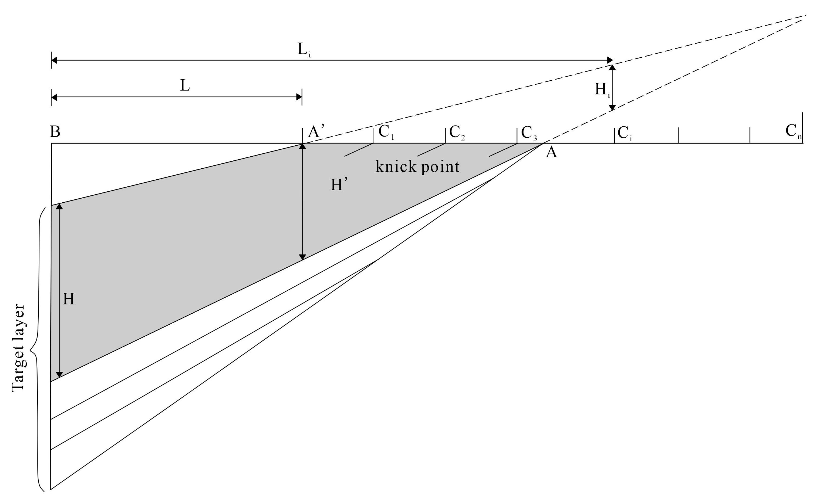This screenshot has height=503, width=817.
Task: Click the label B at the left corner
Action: [x=55, y=132]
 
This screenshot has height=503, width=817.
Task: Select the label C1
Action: [x=386, y=132]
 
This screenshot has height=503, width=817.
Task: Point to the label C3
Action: [x=528, y=133]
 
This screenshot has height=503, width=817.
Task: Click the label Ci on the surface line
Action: [x=624, y=133]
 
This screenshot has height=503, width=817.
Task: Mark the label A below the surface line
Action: [x=551, y=152]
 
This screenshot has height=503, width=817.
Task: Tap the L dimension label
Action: [x=185, y=86]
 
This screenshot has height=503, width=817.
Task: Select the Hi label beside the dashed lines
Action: [x=602, y=90]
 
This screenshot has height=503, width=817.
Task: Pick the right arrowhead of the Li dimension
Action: [x=610, y=60]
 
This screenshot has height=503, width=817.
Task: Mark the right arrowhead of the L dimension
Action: [x=299, y=97]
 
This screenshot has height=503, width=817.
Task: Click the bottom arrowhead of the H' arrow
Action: [x=302, y=257]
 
